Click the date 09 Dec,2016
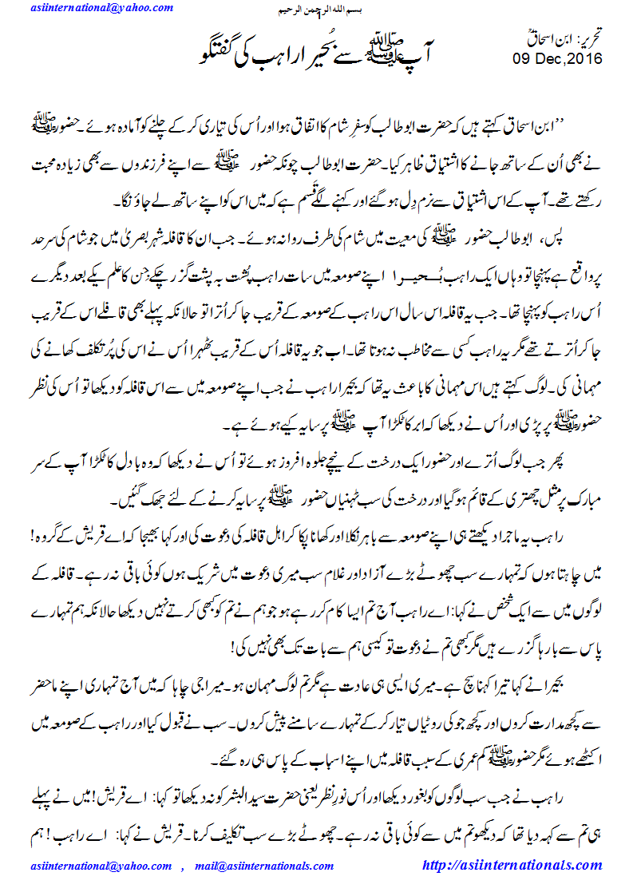point(556,59)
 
